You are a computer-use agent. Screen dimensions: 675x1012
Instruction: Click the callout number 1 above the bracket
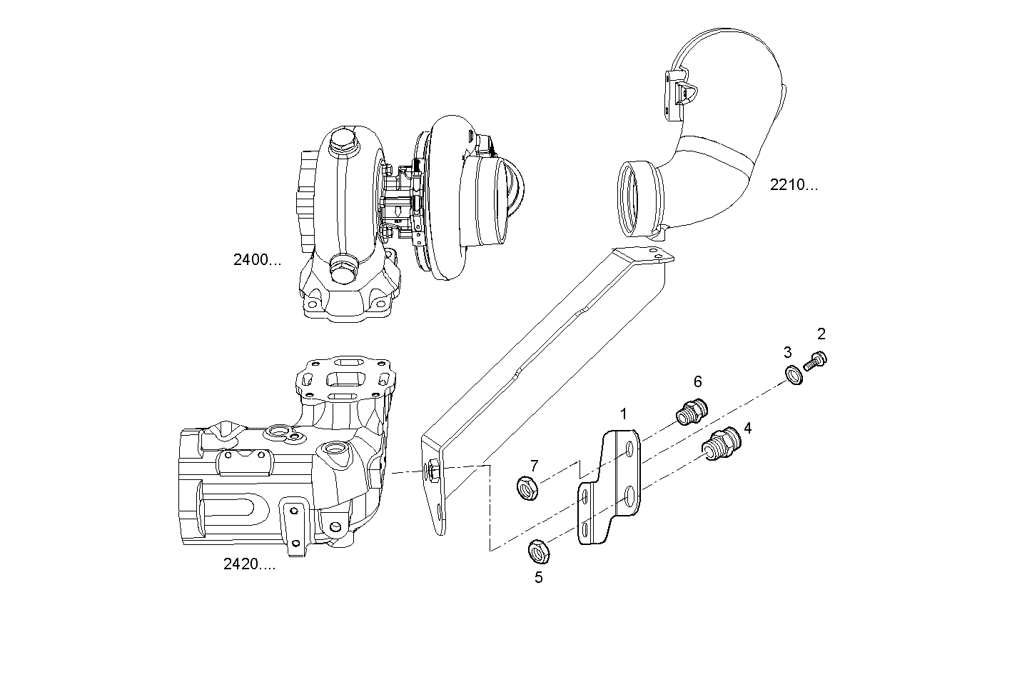click(623, 414)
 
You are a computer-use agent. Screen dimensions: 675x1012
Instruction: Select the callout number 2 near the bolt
click(821, 334)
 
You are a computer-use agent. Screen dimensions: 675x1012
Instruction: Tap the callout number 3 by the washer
click(787, 352)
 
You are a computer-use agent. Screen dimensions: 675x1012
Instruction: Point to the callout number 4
click(747, 428)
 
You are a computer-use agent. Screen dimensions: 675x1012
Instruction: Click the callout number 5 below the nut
click(538, 577)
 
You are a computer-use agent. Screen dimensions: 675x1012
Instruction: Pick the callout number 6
click(697, 382)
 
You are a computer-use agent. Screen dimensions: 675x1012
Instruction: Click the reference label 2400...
click(257, 260)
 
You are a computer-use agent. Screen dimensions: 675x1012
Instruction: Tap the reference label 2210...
click(794, 185)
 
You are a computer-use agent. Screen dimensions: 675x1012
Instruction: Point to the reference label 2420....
click(249, 565)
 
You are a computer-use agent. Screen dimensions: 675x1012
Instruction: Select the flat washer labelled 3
click(793, 374)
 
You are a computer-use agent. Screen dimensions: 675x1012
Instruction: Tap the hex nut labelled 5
click(537, 551)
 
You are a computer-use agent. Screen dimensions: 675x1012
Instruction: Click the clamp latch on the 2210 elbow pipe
click(681, 91)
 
